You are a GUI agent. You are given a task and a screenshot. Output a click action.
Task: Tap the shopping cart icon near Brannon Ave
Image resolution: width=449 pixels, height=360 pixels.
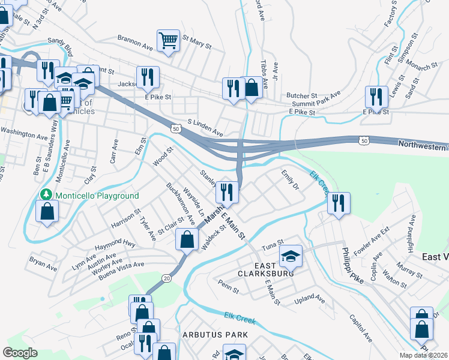coord(168,41)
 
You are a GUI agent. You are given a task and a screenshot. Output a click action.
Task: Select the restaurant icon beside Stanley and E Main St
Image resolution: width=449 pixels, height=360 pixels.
coord(227,192)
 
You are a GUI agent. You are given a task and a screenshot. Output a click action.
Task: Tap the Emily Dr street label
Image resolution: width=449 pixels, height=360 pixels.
coord(290,180)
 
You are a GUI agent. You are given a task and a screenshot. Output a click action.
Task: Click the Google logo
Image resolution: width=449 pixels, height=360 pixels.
coord(20,353)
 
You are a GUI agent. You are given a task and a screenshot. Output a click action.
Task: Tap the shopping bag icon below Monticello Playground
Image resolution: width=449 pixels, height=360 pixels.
coord(47,211)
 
